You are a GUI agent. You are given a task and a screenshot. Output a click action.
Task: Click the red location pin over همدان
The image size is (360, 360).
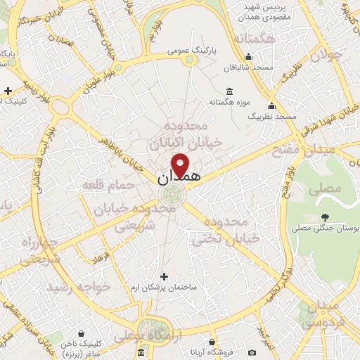point(181,165)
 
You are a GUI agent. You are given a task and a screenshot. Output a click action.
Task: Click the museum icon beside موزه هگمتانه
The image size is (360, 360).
point(229,91)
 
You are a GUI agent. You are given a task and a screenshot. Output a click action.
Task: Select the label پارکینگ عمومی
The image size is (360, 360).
point(191,51)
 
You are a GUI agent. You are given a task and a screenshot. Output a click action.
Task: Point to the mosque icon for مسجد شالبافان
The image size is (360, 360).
point(248,57)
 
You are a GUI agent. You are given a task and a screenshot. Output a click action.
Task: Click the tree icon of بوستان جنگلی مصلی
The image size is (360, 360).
point(324,218)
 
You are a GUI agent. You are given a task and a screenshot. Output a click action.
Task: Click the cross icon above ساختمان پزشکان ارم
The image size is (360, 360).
point(165,277)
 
